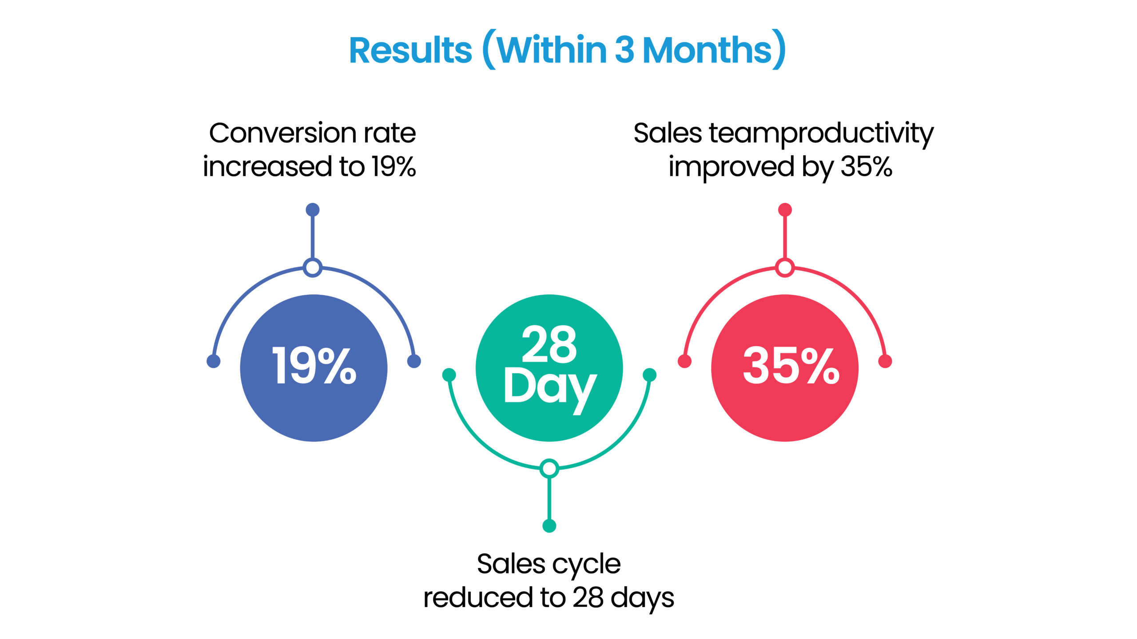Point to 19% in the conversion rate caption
point(394,167)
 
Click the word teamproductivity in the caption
point(821,134)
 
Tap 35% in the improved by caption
point(866,167)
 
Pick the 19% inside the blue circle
point(314,366)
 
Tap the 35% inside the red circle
point(791,366)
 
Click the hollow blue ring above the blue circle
point(313,268)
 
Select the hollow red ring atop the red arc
point(785,268)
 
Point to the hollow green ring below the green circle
point(549,469)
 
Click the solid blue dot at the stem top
point(313,209)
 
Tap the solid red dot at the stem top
point(785,209)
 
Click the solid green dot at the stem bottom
point(549,526)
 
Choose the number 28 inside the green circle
point(549,344)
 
